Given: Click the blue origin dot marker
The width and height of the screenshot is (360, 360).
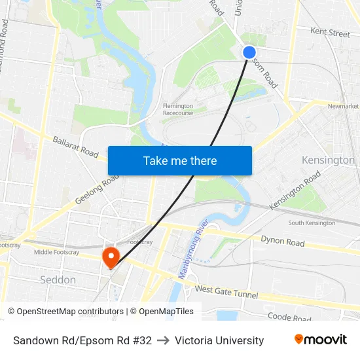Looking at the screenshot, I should point(249,52).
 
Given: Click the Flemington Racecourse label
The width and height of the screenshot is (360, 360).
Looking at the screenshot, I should point(178,109).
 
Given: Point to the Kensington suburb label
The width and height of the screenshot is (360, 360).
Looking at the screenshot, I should point(328,160).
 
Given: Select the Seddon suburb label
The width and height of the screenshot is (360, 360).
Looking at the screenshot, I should point(58,279).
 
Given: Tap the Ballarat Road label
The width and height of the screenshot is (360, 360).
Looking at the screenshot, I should point(75,147).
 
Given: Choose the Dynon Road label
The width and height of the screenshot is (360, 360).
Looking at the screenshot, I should point(282,242).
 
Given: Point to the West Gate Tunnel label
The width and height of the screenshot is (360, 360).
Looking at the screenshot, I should point(226,291).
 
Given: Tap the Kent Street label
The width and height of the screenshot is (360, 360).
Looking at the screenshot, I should point(330,32).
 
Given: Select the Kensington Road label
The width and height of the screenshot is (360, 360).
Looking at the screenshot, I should point(295,190).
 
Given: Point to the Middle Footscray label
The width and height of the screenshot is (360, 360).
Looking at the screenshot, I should point(61,252).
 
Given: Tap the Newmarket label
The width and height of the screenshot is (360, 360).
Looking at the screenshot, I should point(343,106).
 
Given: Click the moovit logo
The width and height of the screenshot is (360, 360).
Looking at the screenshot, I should point(320,340).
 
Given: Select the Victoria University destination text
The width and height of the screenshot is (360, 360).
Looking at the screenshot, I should point(219,340).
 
